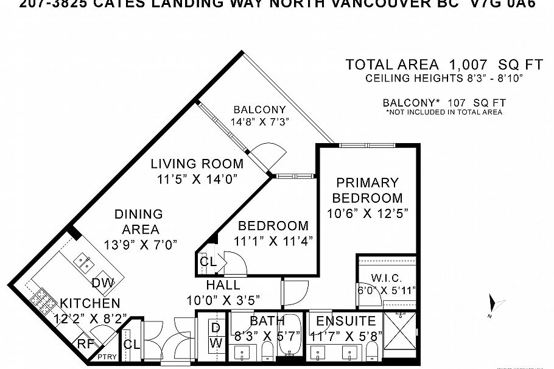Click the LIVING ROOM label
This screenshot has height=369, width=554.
[197, 164]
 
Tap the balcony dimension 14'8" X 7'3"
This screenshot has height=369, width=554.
[259, 121]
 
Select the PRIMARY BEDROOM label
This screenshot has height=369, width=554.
[367, 190]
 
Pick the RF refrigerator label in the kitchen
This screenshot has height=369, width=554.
[85, 344]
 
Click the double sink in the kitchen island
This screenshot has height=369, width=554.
[84, 263]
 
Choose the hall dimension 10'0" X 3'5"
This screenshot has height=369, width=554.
[223, 300]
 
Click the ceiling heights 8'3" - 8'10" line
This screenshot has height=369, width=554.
[444, 79]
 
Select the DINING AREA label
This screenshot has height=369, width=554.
[139, 221]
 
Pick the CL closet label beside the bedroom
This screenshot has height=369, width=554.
[208, 262]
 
